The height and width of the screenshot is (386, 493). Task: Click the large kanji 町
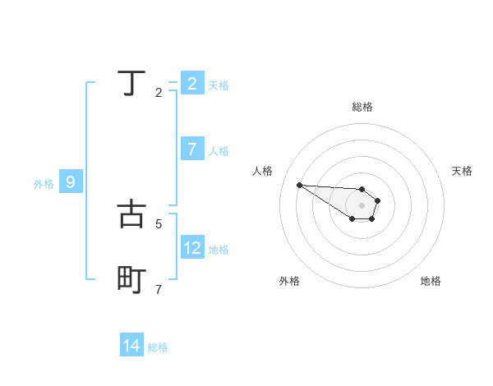131,280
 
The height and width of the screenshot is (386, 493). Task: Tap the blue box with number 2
192,83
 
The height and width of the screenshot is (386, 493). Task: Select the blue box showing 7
192,149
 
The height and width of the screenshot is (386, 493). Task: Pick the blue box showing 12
192,247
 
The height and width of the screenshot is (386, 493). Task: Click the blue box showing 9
71,182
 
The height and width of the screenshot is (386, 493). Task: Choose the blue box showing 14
131,346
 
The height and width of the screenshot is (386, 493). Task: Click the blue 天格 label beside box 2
219,85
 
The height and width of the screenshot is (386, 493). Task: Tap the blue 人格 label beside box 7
219,151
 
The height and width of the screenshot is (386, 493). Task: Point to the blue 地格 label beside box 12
219,250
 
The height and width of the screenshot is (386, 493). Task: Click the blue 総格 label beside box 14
158,348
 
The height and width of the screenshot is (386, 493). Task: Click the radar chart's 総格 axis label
362,107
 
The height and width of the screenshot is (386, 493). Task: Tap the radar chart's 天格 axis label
462,171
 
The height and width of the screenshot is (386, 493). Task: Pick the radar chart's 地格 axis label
431,281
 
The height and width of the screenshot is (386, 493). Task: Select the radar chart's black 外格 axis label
289,281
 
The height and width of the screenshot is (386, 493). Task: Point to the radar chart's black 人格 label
263,171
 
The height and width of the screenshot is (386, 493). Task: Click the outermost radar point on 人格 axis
299,185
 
